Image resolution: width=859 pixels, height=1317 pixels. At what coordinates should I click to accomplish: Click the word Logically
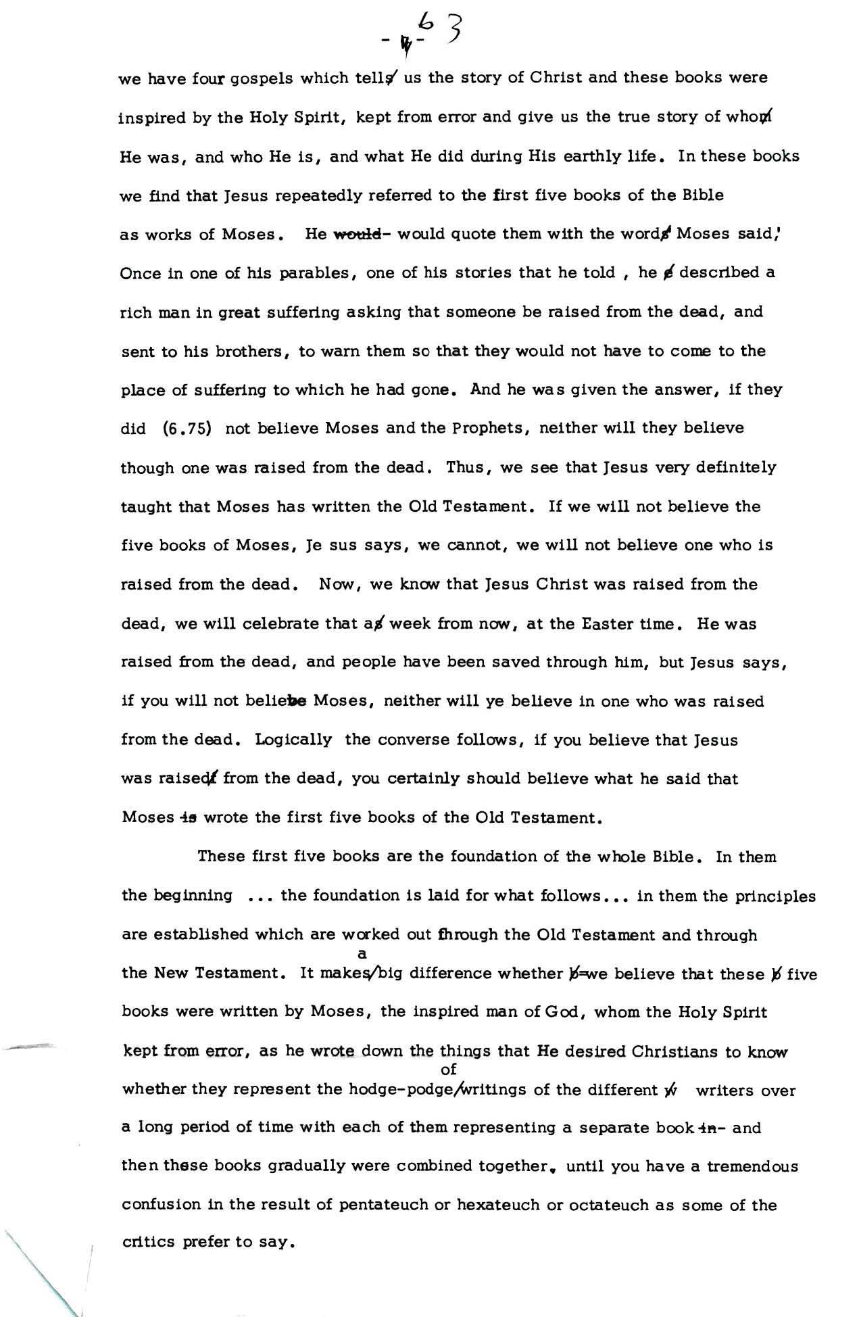pyautogui.click(x=293, y=740)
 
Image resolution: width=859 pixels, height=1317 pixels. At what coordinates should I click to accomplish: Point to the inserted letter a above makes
pyautogui.click(x=362, y=954)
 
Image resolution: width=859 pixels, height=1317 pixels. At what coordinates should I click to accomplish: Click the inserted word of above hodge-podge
pyautogui.click(x=448, y=1070)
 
